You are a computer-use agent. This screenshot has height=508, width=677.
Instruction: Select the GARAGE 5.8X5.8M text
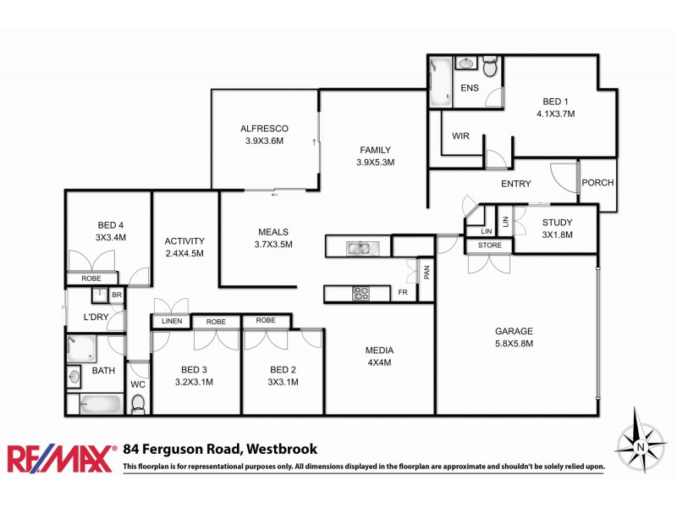point(514,337)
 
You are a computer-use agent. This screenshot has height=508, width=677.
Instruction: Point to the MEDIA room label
point(379,356)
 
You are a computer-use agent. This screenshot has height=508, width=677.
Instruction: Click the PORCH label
point(597,183)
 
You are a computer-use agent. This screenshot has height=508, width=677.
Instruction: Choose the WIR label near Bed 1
point(460,135)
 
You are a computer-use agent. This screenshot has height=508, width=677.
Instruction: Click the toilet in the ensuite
point(490,64)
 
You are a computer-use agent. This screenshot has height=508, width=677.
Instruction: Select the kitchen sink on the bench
point(359,248)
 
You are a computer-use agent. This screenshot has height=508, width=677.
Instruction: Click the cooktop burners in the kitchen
point(361,294)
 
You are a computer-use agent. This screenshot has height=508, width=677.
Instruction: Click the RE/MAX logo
point(61,458)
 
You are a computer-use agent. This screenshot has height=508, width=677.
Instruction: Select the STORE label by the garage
point(489,246)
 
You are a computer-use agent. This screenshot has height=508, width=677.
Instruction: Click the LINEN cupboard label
point(172,322)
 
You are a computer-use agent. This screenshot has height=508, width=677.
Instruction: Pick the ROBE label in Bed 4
point(91,279)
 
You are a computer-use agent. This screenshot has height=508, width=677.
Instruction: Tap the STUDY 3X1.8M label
point(557,229)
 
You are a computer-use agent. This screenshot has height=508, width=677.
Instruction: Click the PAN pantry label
point(427,272)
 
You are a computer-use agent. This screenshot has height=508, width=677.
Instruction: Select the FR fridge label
point(403,294)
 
